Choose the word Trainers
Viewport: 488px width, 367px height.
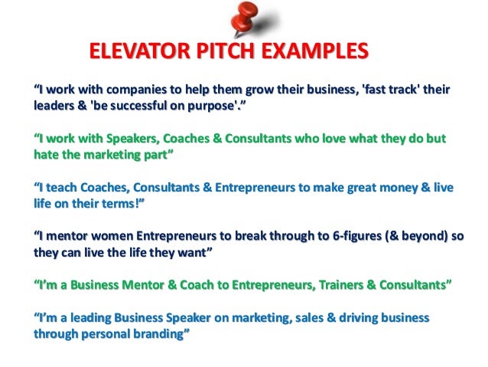pyautogui.click(x=341, y=285)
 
